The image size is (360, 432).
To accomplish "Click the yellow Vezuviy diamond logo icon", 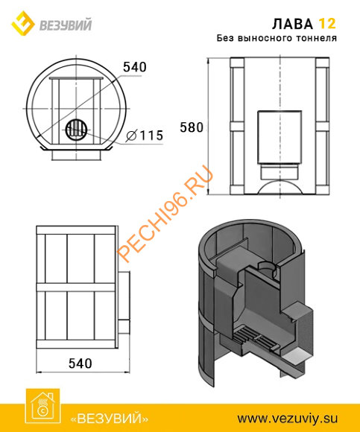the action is pyautogui.click(x=23, y=23).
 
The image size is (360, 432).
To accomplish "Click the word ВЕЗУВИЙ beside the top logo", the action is pyautogui.click(x=66, y=25).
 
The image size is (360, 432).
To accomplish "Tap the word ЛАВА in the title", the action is pyautogui.click(x=292, y=24).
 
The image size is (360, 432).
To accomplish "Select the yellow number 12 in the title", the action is pyautogui.click(x=327, y=24).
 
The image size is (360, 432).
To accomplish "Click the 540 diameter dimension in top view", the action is pyautogui.click(x=134, y=67).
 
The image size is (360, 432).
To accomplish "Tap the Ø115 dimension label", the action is pyautogui.click(x=145, y=136).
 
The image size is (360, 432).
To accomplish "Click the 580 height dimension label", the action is pyautogui.click(x=192, y=127).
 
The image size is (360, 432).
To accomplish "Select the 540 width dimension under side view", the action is pyautogui.click(x=80, y=363).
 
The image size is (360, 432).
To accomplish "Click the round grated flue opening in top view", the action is pyautogui.click(x=76, y=130).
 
